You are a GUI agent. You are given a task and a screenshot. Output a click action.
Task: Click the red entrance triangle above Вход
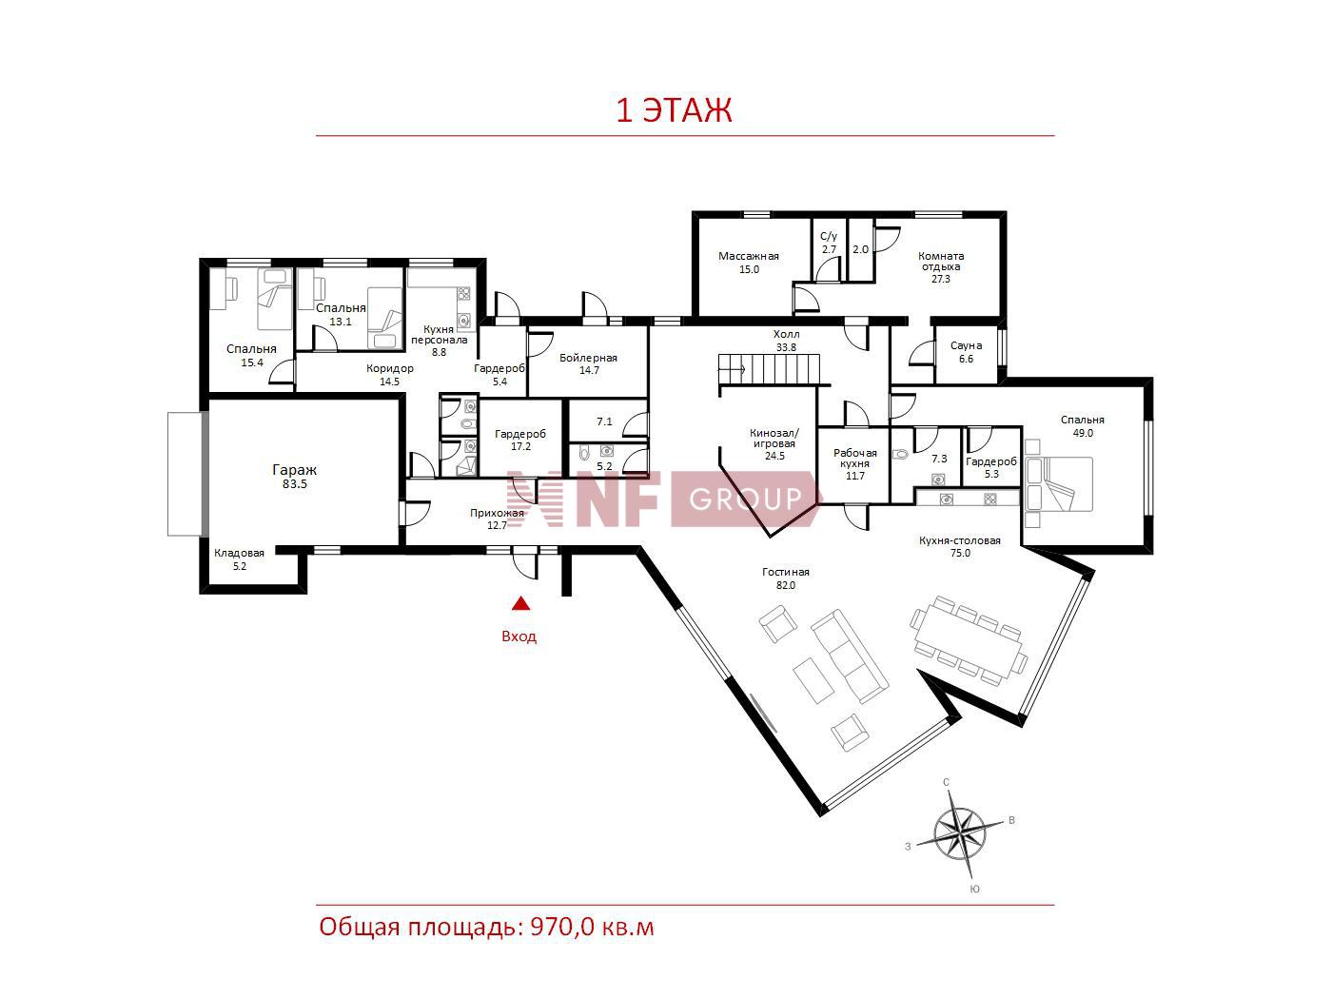(x=520, y=603)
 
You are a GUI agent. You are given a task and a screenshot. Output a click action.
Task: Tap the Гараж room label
(x=294, y=470)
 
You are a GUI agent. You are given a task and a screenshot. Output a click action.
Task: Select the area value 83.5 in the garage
(x=294, y=484)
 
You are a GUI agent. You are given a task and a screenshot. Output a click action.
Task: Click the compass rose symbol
(x=959, y=833)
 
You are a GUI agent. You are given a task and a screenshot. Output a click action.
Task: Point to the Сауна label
(x=966, y=345)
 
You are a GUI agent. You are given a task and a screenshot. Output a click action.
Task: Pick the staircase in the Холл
(x=769, y=369)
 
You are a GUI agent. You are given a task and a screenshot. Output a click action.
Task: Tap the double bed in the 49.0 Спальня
(x=1059, y=483)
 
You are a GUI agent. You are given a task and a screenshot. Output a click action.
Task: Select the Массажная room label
(x=748, y=256)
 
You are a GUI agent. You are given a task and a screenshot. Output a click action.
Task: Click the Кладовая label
(x=239, y=553)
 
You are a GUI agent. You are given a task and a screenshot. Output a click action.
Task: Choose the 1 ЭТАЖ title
(x=674, y=110)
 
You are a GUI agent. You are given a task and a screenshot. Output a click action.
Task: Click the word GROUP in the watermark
(x=745, y=499)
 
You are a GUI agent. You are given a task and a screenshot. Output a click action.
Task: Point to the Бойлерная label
(x=588, y=358)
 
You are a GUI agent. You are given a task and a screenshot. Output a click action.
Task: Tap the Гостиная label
(x=785, y=572)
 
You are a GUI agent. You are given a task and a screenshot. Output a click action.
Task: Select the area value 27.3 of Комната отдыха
(x=941, y=279)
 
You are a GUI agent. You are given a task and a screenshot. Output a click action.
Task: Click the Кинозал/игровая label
(x=774, y=439)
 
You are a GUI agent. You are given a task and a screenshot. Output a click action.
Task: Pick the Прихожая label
(x=497, y=513)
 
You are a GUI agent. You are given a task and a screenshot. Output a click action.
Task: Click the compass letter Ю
(x=974, y=890)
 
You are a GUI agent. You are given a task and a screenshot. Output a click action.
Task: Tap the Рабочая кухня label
(x=855, y=458)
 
